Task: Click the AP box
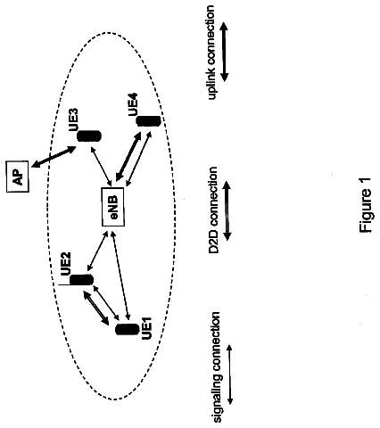click(18, 177)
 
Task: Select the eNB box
click(113, 207)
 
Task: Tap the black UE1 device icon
click(128, 329)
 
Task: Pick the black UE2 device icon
click(81, 280)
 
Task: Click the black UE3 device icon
click(89, 136)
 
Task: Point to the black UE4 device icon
click(148, 121)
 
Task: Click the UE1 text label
click(147, 328)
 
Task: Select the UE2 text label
click(65, 264)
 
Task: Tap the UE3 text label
click(73, 119)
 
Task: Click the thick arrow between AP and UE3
click(54, 157)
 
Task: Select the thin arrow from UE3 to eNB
click(101, 167)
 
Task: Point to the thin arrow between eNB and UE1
click(120, 276)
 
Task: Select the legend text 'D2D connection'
click(213, 210)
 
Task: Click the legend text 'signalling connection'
click(217, 367)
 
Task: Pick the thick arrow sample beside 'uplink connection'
click(224, 53)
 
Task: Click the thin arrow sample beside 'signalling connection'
click(230, 374)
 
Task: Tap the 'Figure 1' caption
click(366, 205)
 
